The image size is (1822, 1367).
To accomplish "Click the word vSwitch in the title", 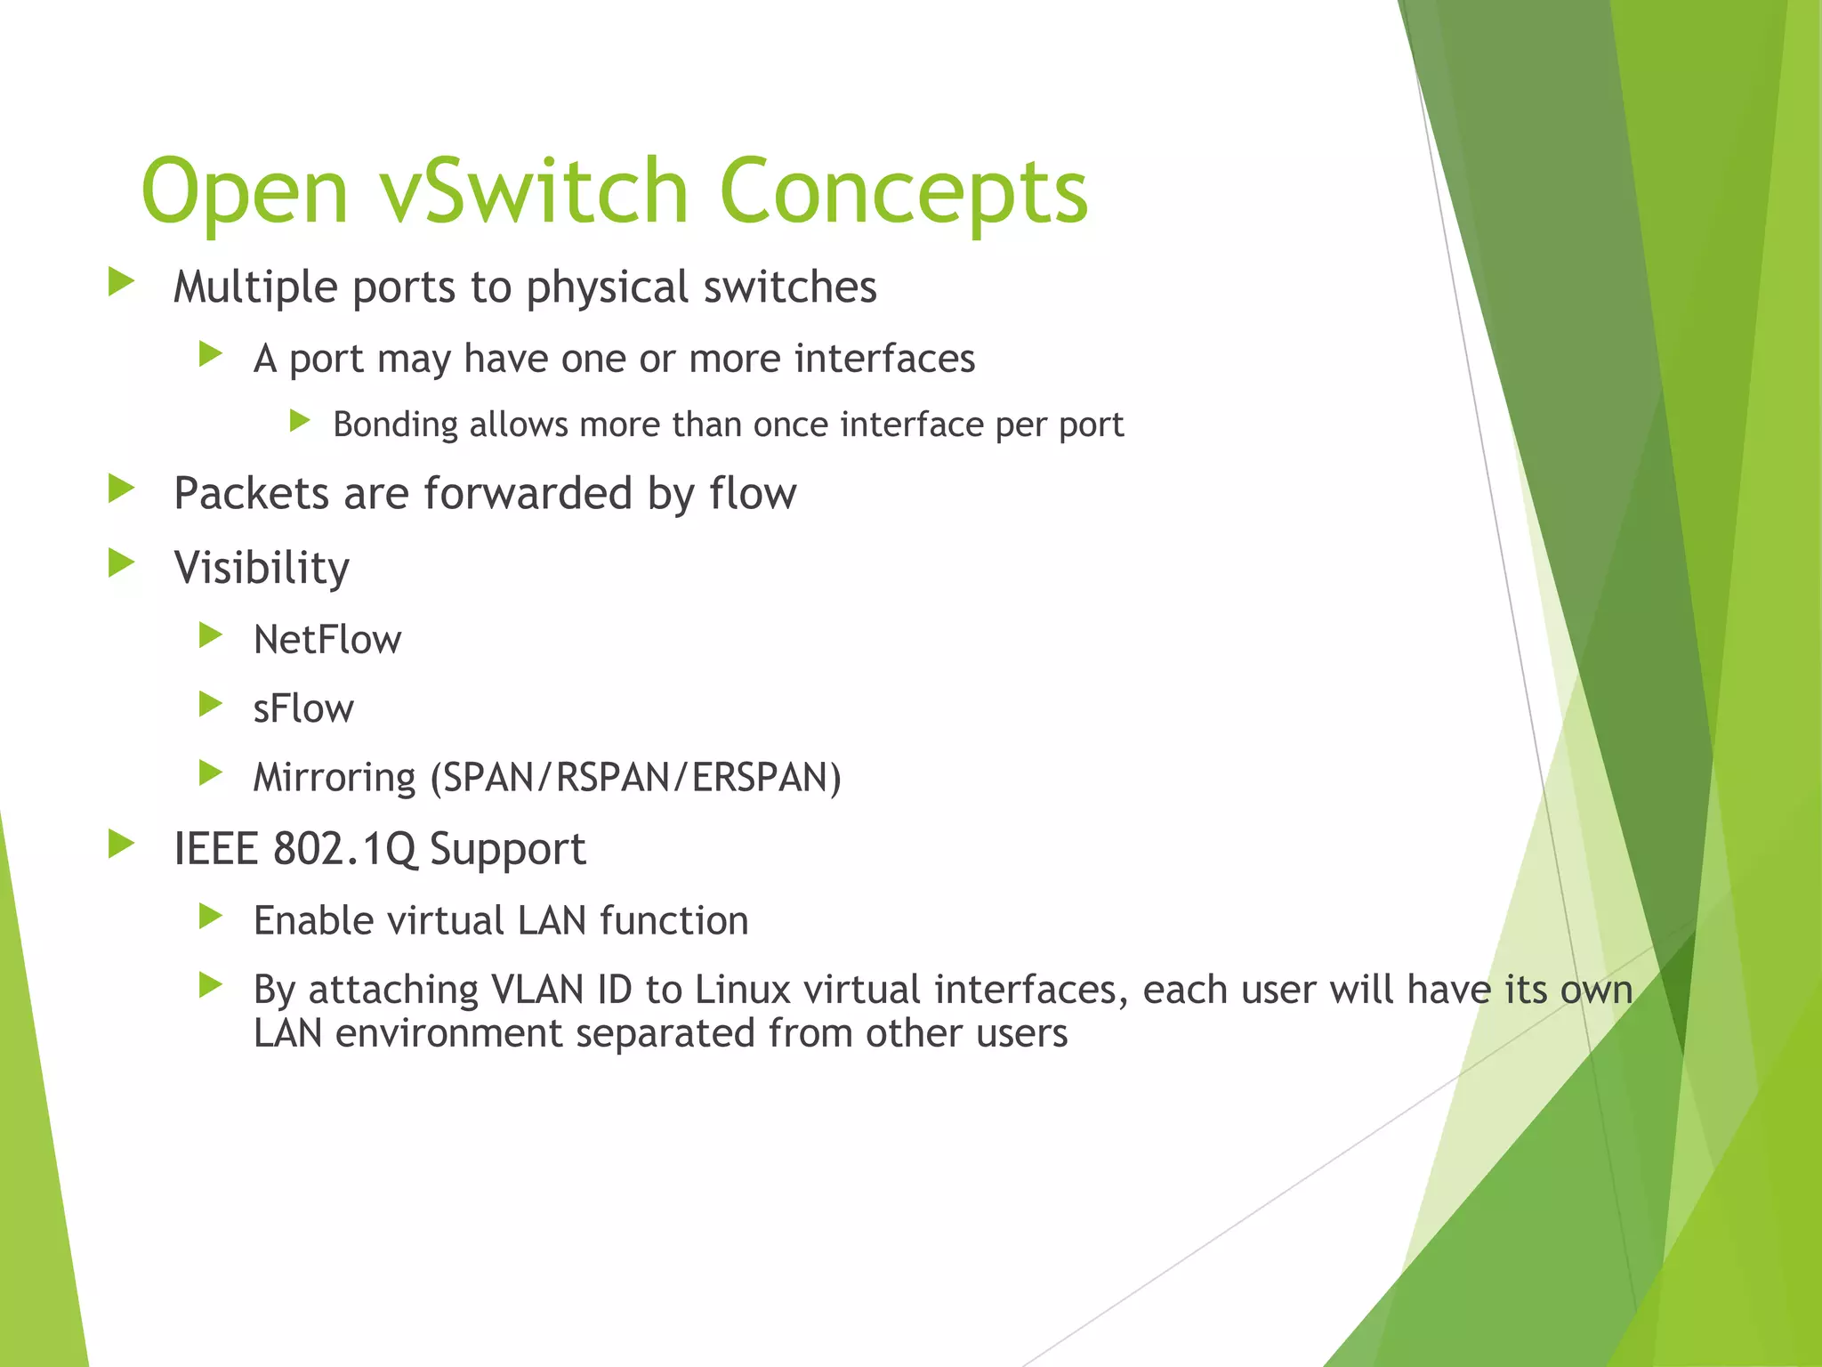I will (534, 191).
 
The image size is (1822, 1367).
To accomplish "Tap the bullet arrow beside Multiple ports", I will (121, 283).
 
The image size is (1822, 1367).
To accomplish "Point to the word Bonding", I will (395, 425).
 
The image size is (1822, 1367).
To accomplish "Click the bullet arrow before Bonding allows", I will (300, 421).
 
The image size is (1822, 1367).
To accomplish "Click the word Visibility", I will (262, 569).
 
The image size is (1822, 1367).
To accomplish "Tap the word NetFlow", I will (327, 640).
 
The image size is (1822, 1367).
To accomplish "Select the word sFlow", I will (303, 708).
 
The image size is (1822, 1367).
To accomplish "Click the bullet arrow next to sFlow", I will (211, 705).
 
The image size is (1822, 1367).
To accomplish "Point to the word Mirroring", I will (335, 778).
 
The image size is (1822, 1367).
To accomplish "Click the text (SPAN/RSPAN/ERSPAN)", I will (635, 778).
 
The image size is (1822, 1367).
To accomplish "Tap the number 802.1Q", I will (345, 848).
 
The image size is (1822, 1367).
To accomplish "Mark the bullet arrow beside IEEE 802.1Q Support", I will (121, 845).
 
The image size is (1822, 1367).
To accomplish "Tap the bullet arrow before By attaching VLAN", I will (211, 985).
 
